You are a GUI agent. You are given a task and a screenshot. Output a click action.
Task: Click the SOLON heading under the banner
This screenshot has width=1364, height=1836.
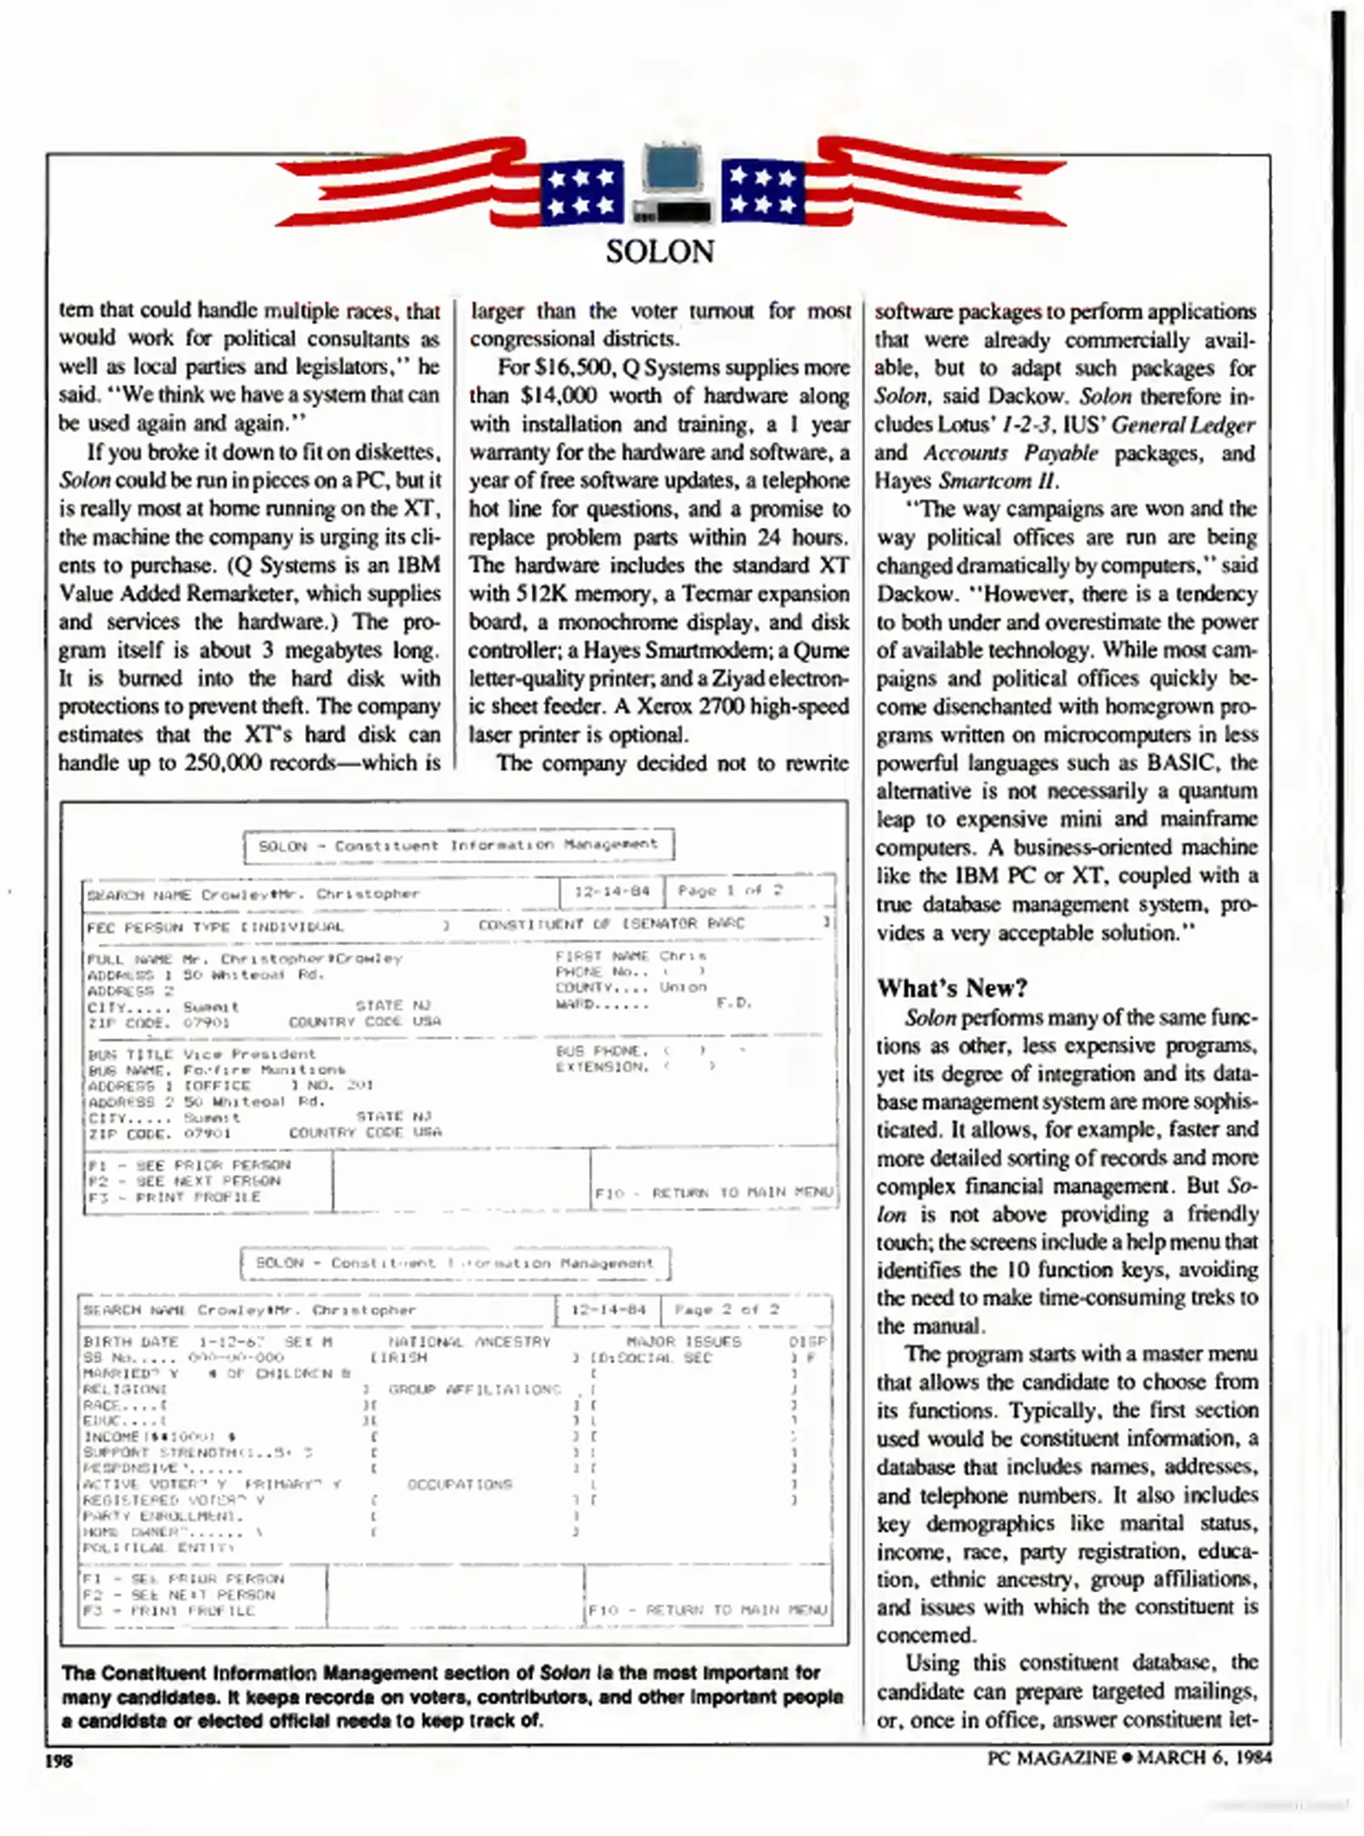[x=659, y=252]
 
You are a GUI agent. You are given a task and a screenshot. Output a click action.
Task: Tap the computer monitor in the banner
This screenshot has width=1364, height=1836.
[x=673, y=170]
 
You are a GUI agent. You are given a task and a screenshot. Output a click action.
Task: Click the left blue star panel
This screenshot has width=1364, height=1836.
[x=582, y=192]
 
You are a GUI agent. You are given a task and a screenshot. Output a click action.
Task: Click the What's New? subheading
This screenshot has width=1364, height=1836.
[x=952, y=988]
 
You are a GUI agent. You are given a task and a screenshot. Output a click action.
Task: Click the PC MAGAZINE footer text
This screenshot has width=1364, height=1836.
[x=1051, y=1757]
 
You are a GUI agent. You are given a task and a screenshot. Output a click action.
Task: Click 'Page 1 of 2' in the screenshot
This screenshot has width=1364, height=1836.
[x=729, y=891]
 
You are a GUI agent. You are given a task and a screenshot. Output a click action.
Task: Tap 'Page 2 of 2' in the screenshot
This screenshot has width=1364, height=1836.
[x=726, y=1309]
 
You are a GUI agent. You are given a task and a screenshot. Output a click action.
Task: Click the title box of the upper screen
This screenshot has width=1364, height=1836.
[x=458, y=845]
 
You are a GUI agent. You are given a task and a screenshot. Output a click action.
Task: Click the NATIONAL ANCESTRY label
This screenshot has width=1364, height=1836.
[x=469, y=1341]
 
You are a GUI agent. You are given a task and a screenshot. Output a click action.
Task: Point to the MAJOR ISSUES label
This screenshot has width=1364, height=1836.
[x=683, y=1341]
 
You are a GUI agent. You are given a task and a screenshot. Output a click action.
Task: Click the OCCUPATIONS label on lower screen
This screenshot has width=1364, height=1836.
[x=460, y=1484]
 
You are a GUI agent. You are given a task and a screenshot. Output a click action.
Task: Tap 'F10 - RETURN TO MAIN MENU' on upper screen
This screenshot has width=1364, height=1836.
[x=713, y=1193]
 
